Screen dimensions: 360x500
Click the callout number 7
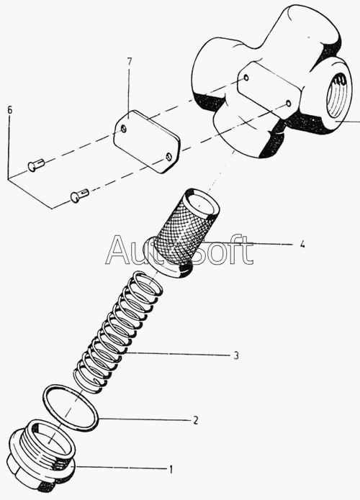(129, 62)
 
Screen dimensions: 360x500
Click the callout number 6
(10, 110)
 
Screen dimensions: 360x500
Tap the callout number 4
(302, 245)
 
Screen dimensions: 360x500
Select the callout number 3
(236, 355)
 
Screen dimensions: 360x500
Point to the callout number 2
(196, 420)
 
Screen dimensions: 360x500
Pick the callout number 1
(171, 469)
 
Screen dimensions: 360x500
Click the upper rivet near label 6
(35, 165)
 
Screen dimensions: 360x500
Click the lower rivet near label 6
(79, 195)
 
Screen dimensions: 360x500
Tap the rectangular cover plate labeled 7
(147, 142)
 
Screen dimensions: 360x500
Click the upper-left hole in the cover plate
(124, 129)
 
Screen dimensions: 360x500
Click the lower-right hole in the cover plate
(168, 156)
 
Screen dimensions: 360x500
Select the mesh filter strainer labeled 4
(184, 234)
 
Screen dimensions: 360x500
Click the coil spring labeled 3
(118, 332)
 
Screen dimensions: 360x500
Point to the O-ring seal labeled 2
(71, 408)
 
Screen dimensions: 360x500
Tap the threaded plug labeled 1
(41, 455)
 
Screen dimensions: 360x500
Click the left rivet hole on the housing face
(246, 78)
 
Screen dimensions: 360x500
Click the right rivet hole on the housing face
(288, 103)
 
